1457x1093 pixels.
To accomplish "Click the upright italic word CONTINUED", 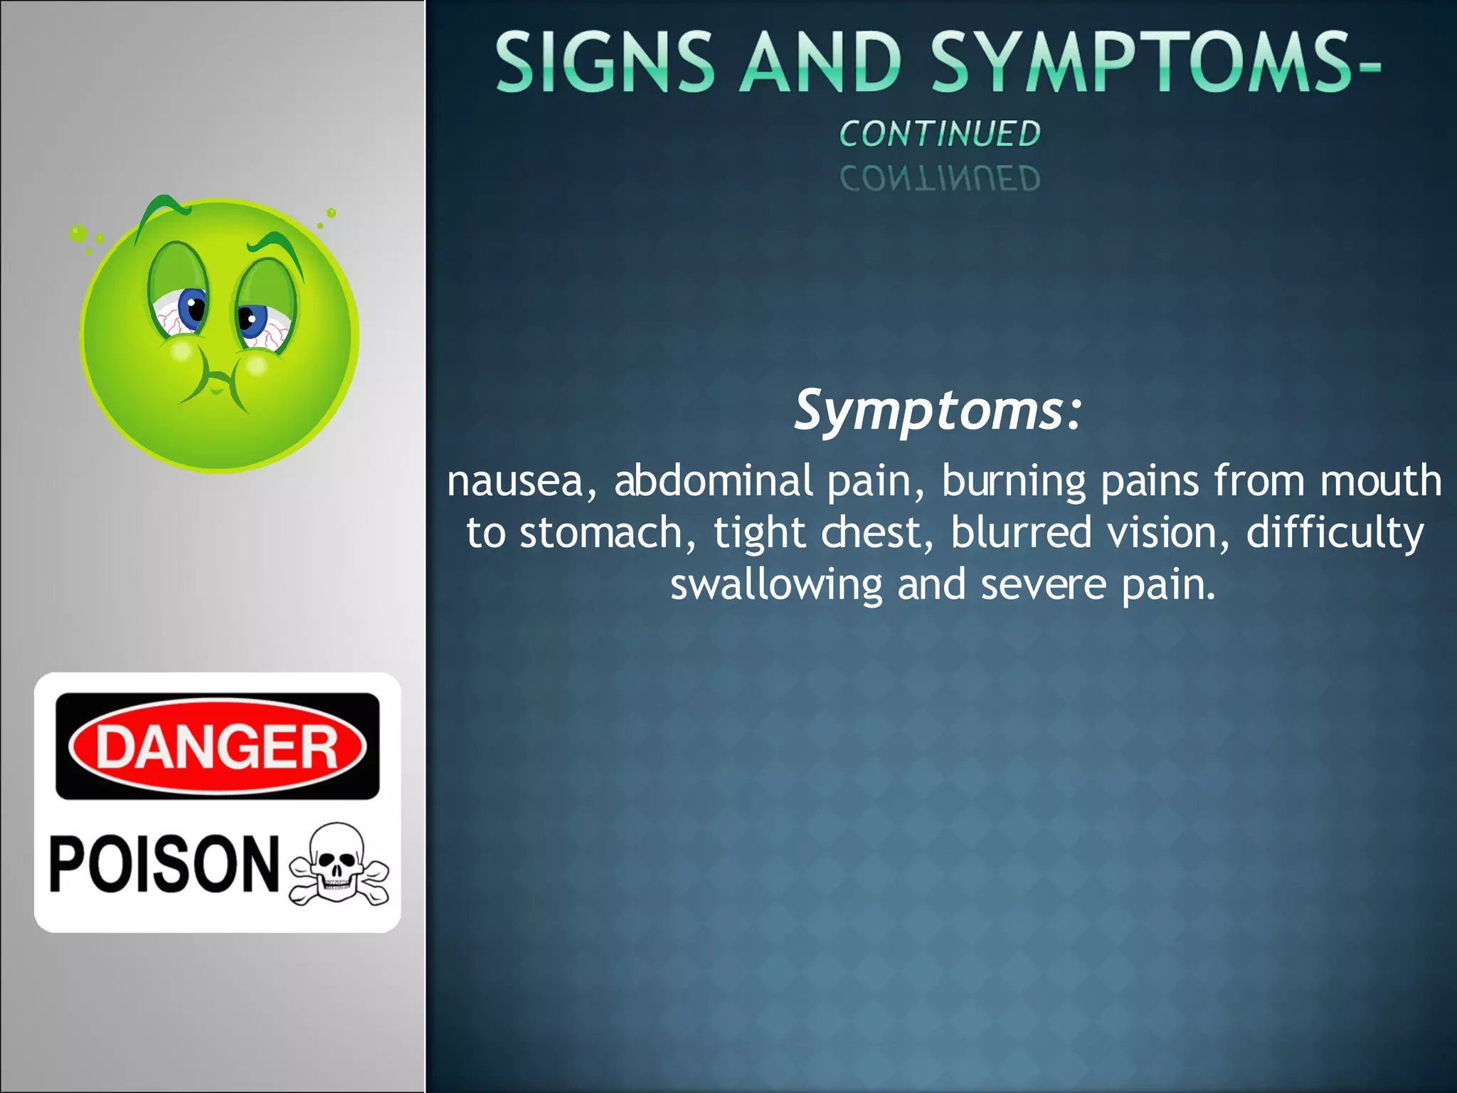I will tap(939, 134).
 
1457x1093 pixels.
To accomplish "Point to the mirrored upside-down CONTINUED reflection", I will tap(939, 178).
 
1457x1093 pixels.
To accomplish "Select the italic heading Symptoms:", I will tap(938, 411).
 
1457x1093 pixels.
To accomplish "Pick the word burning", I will tap(1014, 482).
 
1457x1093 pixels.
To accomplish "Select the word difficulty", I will tap(1335, 534).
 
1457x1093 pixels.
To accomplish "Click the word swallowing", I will tap(776, 586).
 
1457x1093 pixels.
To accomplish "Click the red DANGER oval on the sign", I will tap(217, 746).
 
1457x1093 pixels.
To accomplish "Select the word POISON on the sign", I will tap(164, 864).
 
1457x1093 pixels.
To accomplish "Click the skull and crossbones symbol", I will tap(339, 865).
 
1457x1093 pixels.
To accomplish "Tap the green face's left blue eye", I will tap(192, 309).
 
